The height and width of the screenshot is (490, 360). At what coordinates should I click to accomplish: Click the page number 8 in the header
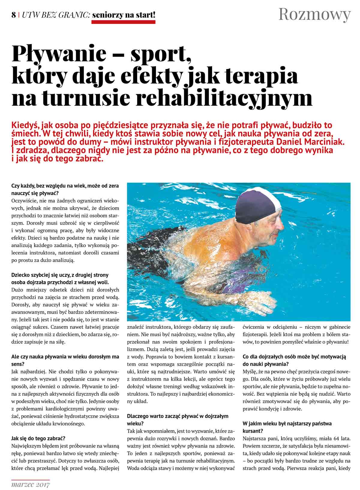tap(13, 15)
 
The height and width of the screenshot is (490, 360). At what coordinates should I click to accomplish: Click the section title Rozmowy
tap(314, 14)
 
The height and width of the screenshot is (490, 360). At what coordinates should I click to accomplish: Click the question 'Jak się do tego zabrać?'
tap(38, 438)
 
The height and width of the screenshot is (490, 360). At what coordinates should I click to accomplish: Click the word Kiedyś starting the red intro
tap(24, 125)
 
